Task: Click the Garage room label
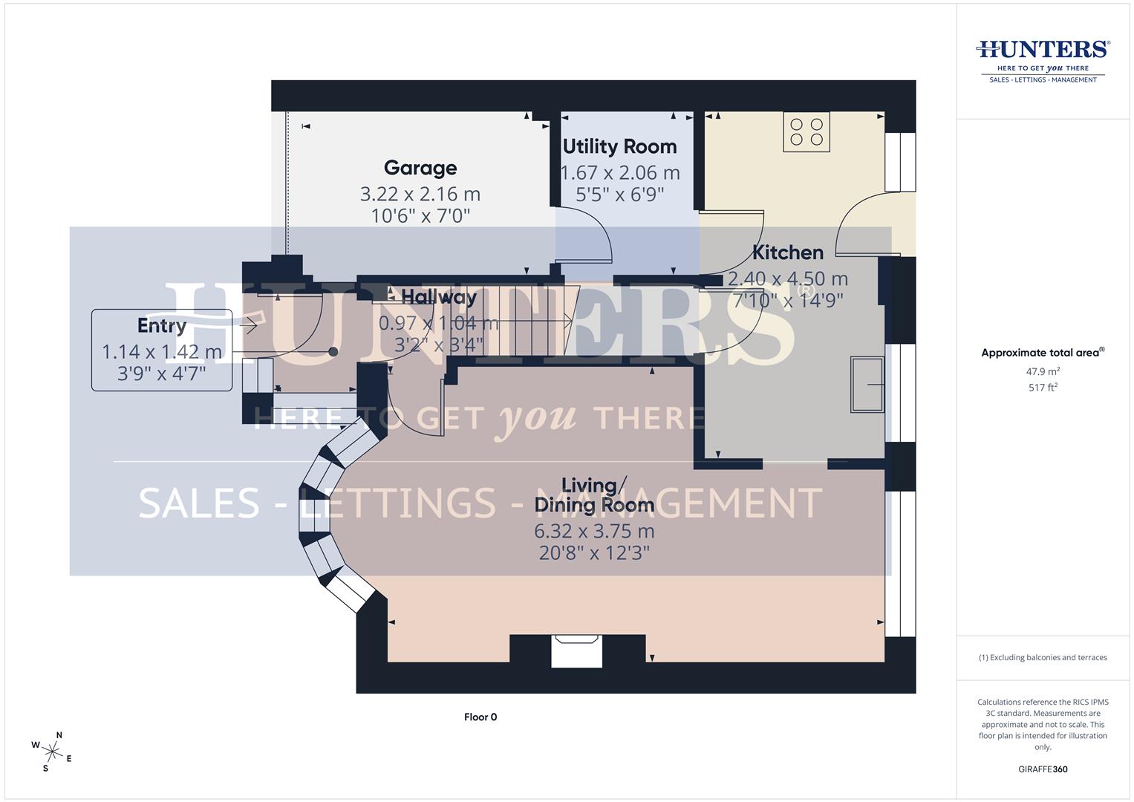click(420, 169)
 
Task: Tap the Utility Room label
click(619, 147)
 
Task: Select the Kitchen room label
click(788, 253)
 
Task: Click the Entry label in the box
click(162, 326)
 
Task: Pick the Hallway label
click(439, 298)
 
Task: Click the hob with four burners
click(806, 132)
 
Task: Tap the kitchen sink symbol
click(867, 384)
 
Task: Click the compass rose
click(53, 751)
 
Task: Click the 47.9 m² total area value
click(1043, 371)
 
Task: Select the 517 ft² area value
click(1043, 388)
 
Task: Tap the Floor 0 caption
click(480, 717)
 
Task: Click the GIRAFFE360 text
click(1043, 769)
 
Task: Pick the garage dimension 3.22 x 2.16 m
click(420, 195)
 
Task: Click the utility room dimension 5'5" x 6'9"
click(619, 195)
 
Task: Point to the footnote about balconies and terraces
click(1043, 658)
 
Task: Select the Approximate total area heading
click(1043, 353)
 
